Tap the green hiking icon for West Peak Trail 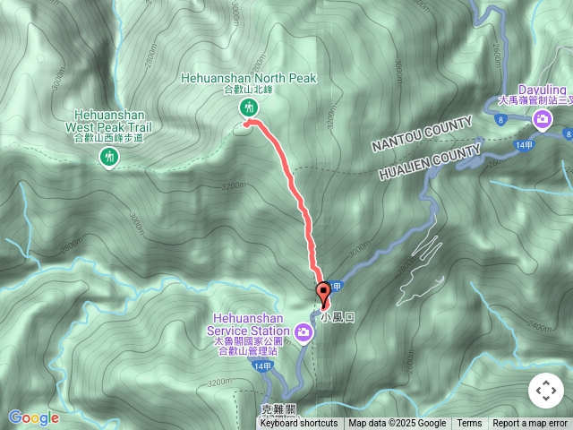pos(109,158)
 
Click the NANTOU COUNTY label pos(422,133)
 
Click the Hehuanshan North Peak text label pos(249,78)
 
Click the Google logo pos(33,417)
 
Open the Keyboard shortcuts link pos(298,424)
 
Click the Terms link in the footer pos(469,424)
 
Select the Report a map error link pos(530,424)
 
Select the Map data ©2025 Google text pos(398,424)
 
